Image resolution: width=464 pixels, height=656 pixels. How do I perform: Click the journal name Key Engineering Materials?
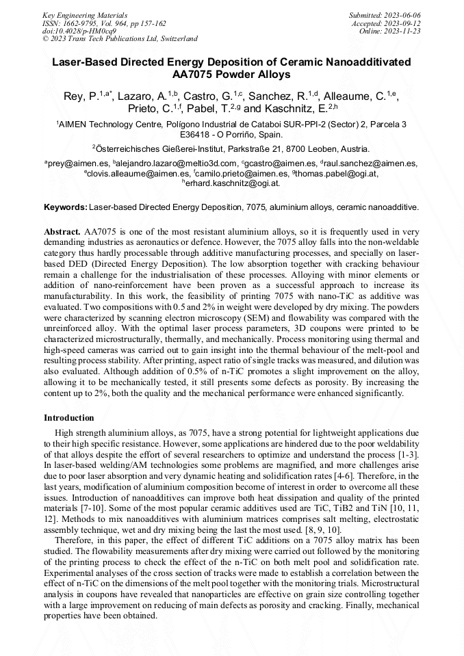[x=86, y=14]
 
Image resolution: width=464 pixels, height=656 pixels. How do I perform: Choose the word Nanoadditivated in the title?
[x=370, y=62]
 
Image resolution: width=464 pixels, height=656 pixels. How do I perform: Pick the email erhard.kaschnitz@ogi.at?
[x=232, y=183]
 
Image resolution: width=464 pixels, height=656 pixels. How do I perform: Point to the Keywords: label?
[x=66, y=206]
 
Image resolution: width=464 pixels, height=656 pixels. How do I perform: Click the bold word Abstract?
[x=62, y=231]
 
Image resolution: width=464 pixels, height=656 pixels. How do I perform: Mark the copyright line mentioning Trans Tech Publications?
[x=120, y=39]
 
